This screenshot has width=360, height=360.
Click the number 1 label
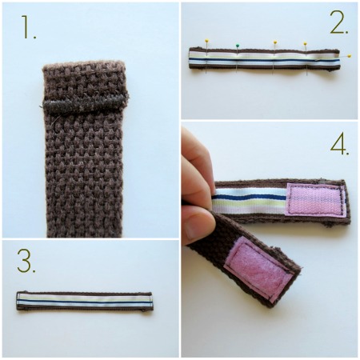pyautogui.click(x=28, y=26)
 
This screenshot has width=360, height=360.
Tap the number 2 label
pyautogui.click(x=338, y=22)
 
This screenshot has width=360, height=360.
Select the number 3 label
pyautogui.click(x=26, y=261)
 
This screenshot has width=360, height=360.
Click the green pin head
pyautogui.click(x=237, y=46)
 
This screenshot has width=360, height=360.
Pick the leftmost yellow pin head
pyautogui.click(x=206, y=41)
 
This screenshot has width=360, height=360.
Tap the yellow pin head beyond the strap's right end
pyautogui.click(x=349, y=56)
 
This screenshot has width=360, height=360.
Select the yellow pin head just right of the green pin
pyautogui.click(x=275, y=42)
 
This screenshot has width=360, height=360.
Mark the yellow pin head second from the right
pyautogui.click(x=305, y=43)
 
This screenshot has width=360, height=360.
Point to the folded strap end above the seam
pyautogui.click(x=84, y=78)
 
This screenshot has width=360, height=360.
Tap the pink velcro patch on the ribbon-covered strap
pyautogui.click(x=315, y=199)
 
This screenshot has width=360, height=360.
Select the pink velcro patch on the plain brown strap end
pyautogui.click(x=258, y=270)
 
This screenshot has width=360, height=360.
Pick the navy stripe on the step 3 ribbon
pyautogui.click(x=85, y=302)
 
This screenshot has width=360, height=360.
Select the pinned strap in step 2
pyautogui.click(x=265, y=58)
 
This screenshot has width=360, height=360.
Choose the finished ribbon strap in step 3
pyautogui.click(x=85, y=301)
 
